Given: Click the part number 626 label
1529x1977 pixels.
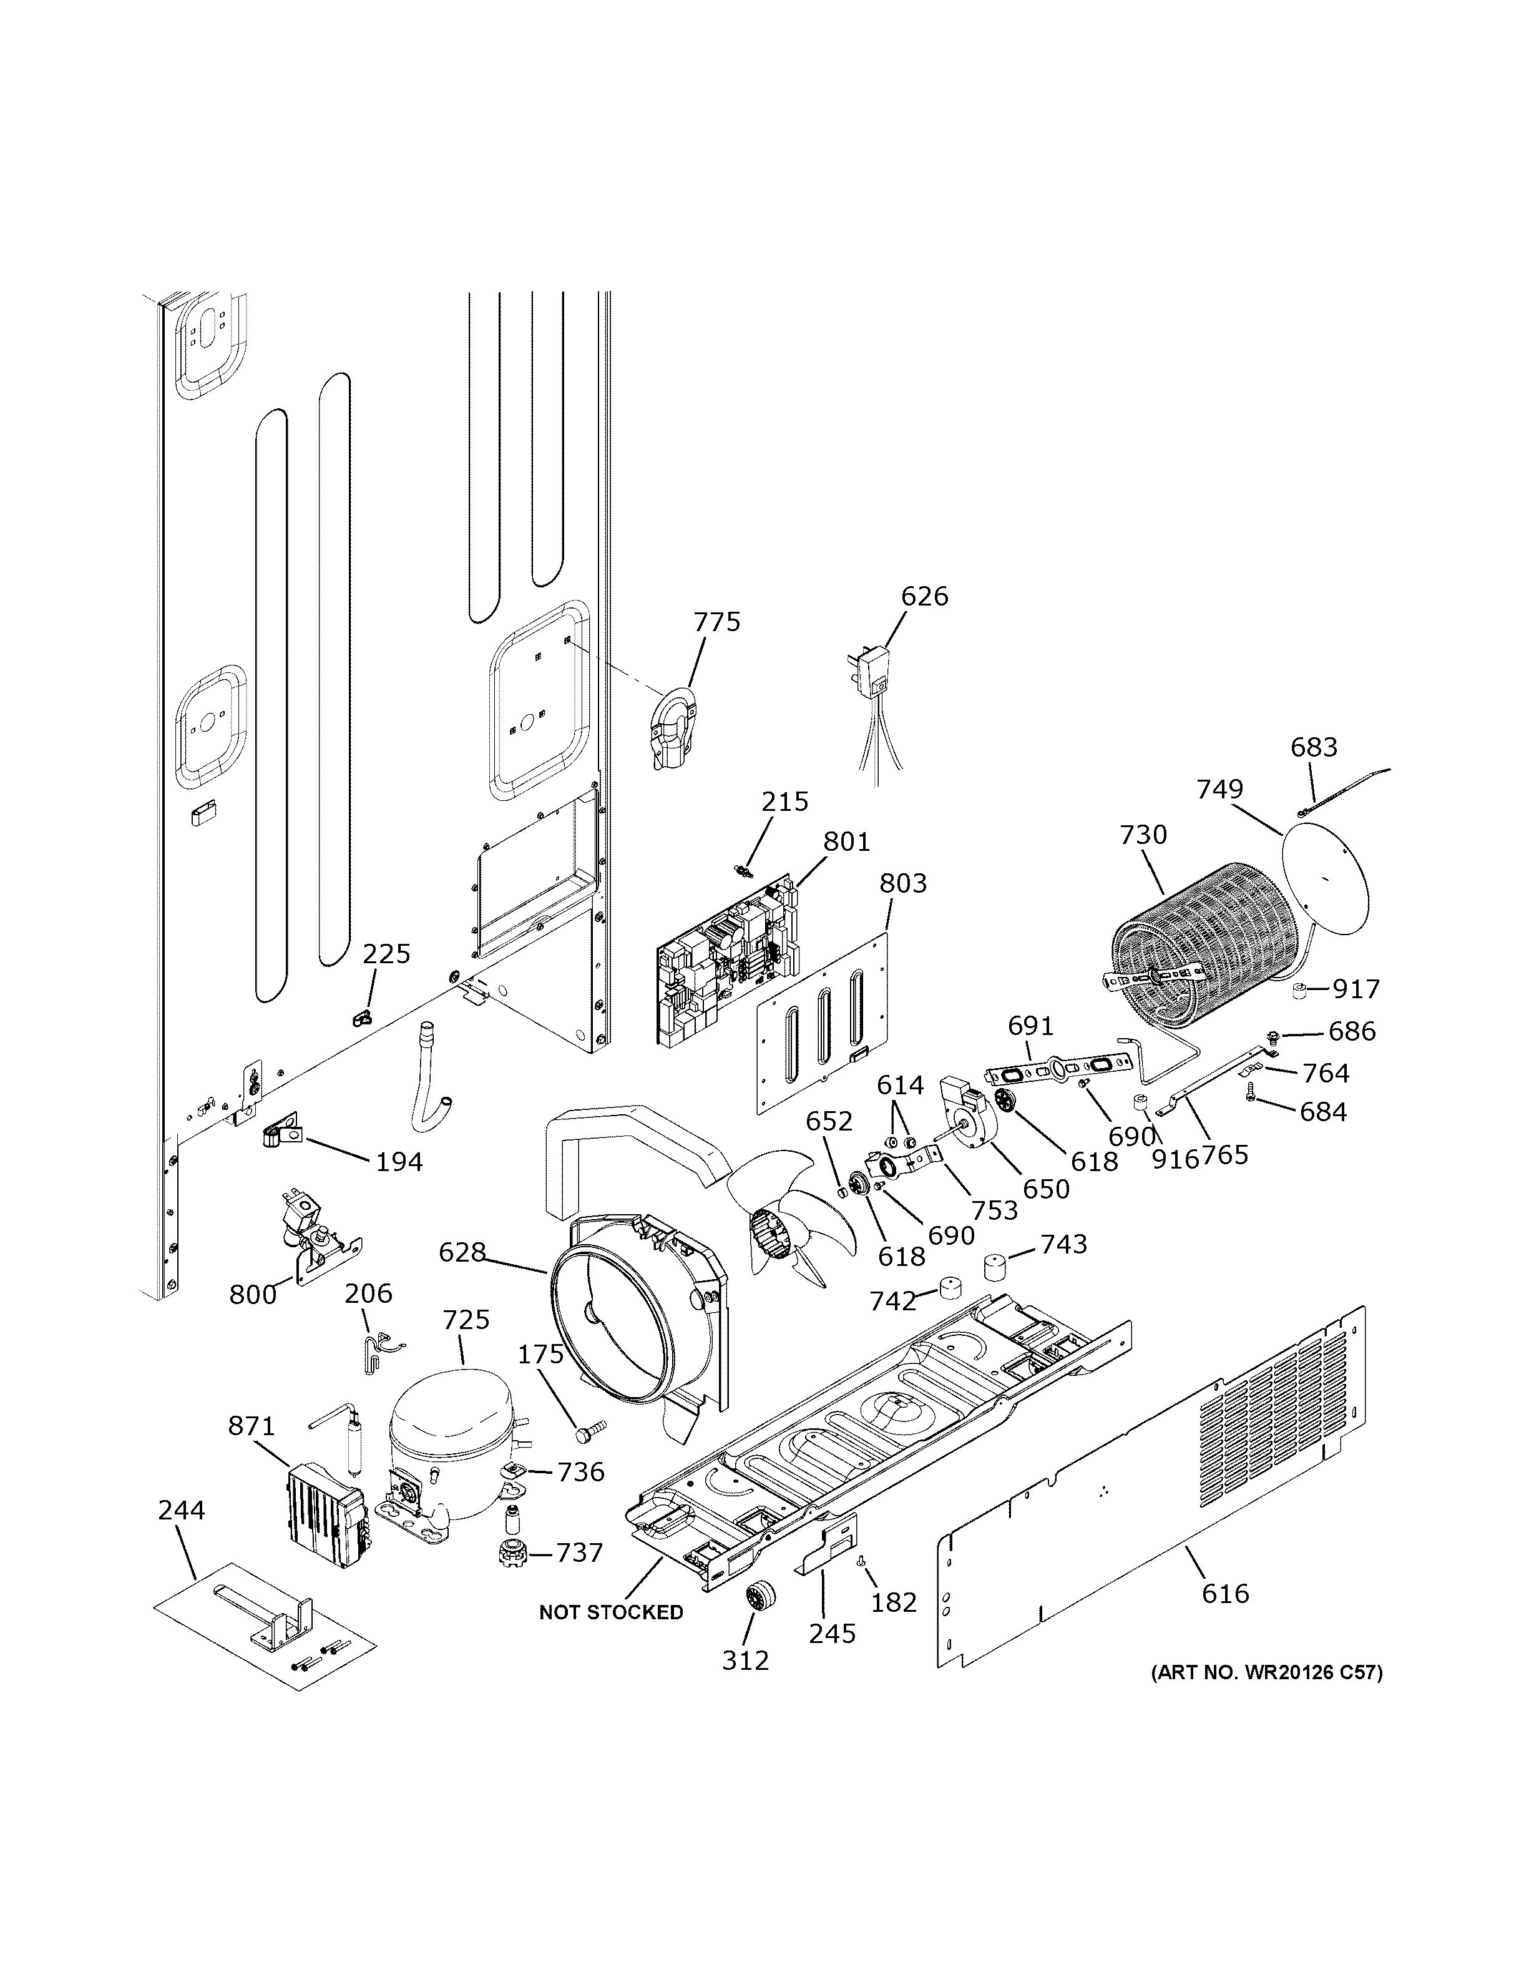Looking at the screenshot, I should [x=924, y=597].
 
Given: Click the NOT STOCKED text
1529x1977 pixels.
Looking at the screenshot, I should [x=611, y=1612].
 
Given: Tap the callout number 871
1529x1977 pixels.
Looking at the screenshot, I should [x=251, y=1426].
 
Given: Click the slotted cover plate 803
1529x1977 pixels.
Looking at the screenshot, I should [x=821, y=1024].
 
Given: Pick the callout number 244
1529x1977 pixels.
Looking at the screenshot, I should [x=181, y=1510].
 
